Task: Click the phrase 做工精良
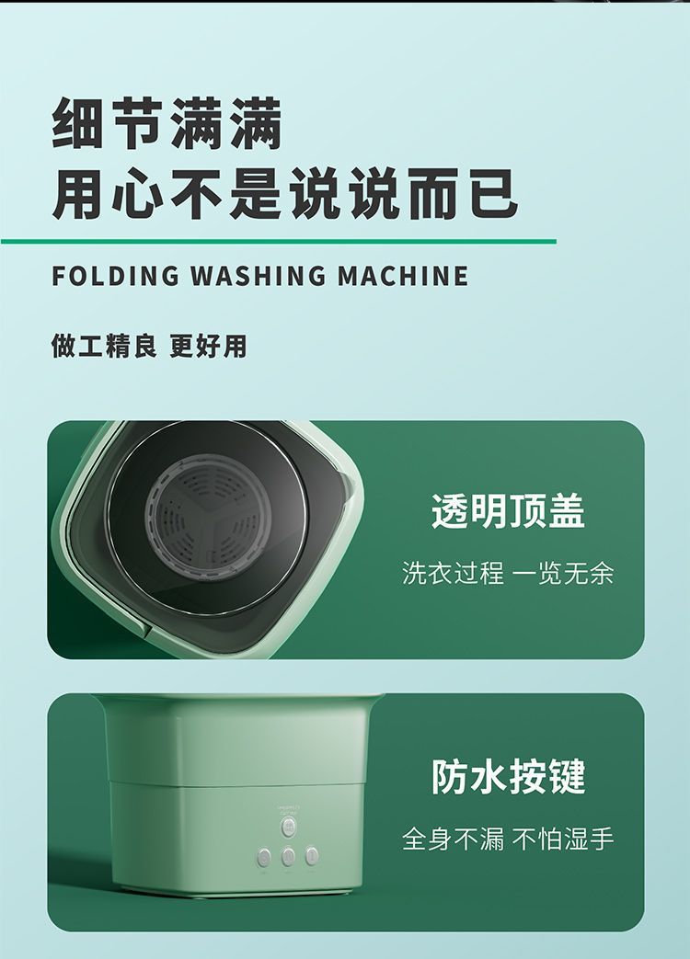tap(104, 346)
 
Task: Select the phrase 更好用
tap(208, 346)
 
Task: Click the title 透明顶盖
tap(508, 511)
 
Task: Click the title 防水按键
tap(508, 777)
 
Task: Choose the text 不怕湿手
tap(563, 839)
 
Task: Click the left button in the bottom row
tap(264, 857)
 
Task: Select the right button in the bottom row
tap(312, 856)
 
